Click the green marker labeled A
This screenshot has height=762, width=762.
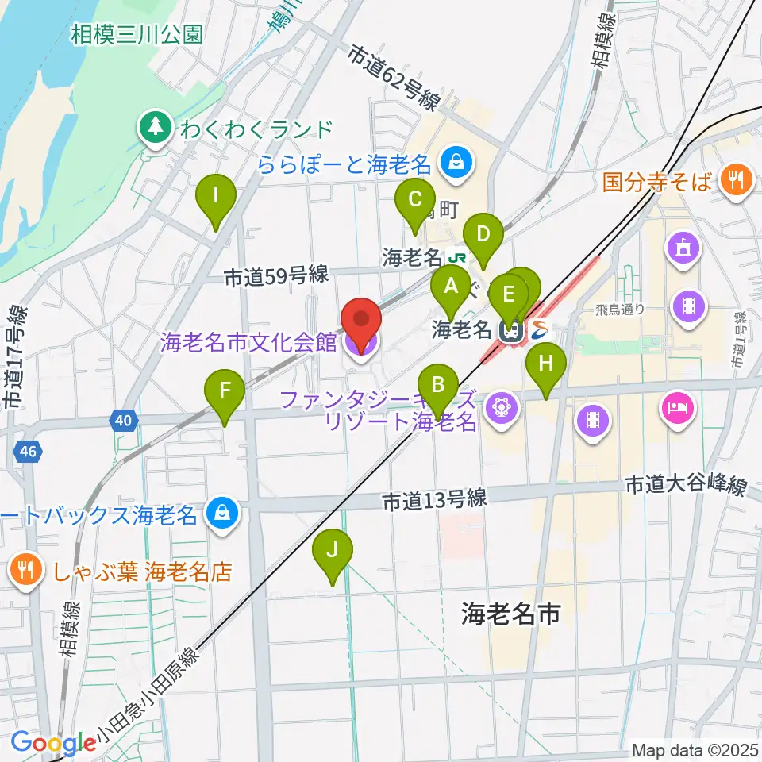click(x=451, y=287)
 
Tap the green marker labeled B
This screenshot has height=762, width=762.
click(x=437, y=386)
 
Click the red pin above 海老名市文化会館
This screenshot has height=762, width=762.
click(x=361, y=320)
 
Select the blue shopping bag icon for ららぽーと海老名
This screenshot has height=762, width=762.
click(x=457, y=164)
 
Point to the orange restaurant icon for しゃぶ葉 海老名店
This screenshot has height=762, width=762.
click(x=27, y=570)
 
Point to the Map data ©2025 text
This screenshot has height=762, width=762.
click(x=695, y=750)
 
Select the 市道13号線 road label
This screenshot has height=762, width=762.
click(x=433, y=500)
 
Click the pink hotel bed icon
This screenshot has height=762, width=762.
click(x=676, y=409)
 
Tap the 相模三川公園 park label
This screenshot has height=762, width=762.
click(x=137, y=34)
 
